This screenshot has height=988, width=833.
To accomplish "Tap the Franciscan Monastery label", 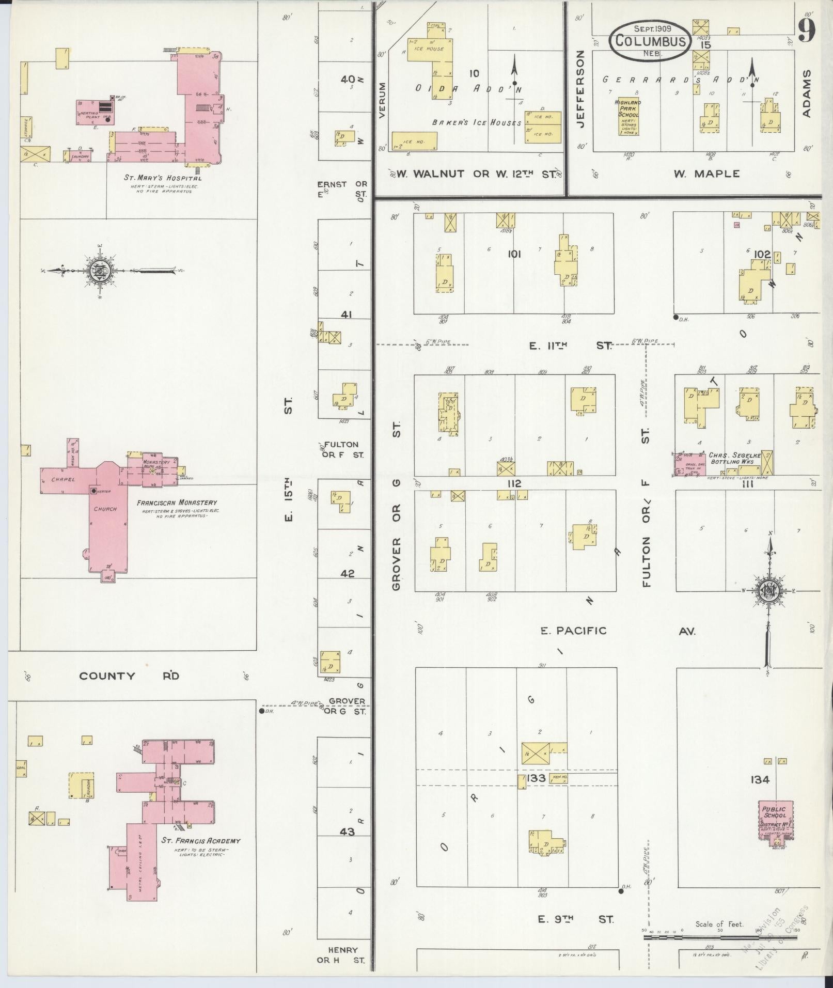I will tap(177, 503).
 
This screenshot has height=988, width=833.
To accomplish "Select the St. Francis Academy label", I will tap(201, 840).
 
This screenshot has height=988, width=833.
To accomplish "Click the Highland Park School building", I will tap(628, 116).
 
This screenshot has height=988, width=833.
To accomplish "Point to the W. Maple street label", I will tap(706, 174).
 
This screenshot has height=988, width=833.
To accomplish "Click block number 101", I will tap(514, 254).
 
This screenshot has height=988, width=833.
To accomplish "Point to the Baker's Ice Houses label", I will tap(477, 123).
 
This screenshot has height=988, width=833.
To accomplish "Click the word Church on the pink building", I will tap(105, 509).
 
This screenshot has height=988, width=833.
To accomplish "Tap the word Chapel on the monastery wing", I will tap(63, 479).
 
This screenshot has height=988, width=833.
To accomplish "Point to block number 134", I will tap(761, 780).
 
